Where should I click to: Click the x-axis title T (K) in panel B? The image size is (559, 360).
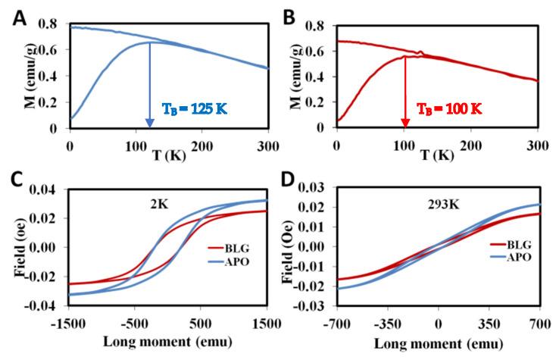coord(429,155)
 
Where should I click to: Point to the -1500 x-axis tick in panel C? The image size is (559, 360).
coord(69,319)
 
